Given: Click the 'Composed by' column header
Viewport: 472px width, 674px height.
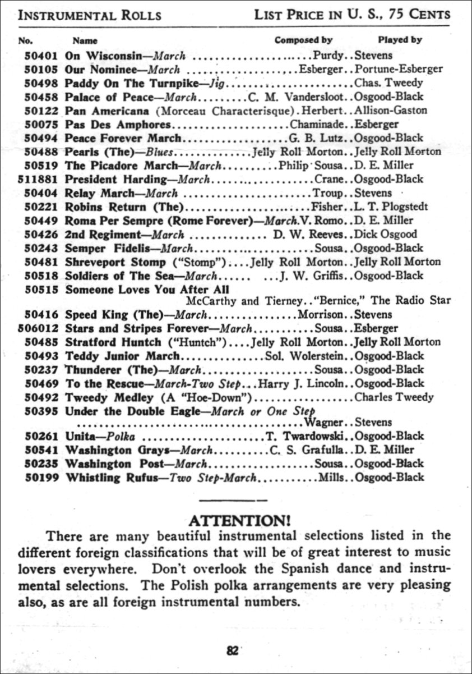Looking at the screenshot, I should (x=303, y=40).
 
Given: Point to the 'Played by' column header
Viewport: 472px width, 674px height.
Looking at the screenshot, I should (x=400, y=40).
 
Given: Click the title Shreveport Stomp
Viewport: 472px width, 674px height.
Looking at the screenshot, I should (x=115, y=262).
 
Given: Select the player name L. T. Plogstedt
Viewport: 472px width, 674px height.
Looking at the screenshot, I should (x=391, y=207).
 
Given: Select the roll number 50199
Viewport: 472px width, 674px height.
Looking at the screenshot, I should (x=42, y=478).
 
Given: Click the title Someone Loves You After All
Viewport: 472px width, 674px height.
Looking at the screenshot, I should (x=147, y=290).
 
